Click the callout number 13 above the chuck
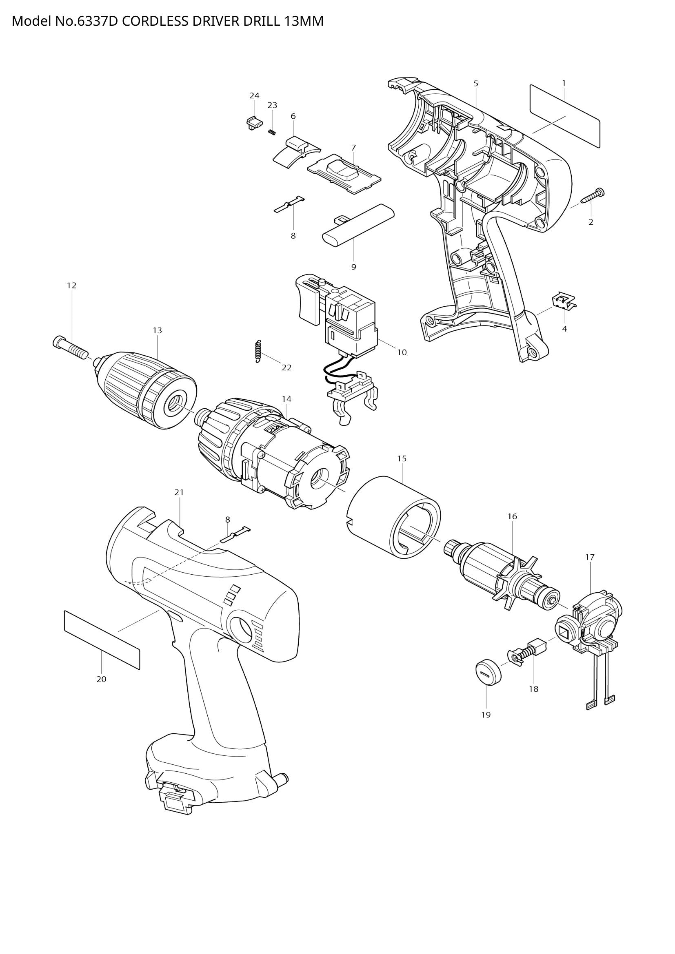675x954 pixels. tap(157, 330)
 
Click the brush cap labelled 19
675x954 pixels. tap(488, 669)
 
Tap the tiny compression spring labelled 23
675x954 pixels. tap(272, 132)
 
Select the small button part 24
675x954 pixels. tap(253, 123)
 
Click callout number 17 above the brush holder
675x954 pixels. tap(589, 557)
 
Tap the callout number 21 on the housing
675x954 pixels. tap(179, 492)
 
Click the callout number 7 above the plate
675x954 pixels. tap(353, 148)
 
